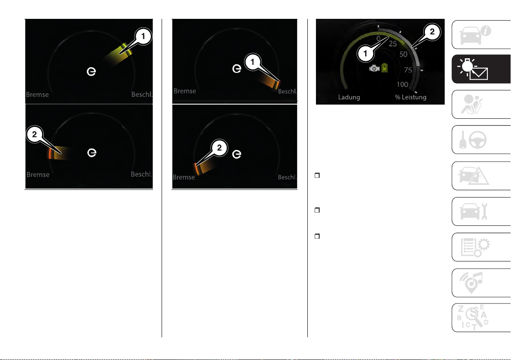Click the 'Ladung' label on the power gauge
tap(349, 97)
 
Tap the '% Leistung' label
tap(411, 97)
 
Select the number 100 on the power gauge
tap(403, 84)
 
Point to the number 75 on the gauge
tap(408, 70)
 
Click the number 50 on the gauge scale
tap(403, 54)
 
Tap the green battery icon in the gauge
tap(385, 68)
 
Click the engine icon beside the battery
tap(374, 68)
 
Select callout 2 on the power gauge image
tap(432, 32)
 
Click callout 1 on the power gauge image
tap(365, 54)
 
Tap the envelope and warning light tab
tap(481, 69)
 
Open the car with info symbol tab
tap(481, 35)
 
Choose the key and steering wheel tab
tap(481, 139)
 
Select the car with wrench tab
tap(481, 211)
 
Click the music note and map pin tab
tap(481, 283)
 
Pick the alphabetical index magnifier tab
tap(481, 318)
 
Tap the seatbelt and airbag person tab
tap(481, 104)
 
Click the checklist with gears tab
tap(481, 247)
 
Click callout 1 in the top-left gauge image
tap(143, 36)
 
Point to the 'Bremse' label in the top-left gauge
tap(37, 94)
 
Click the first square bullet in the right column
tap(317, 176)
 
